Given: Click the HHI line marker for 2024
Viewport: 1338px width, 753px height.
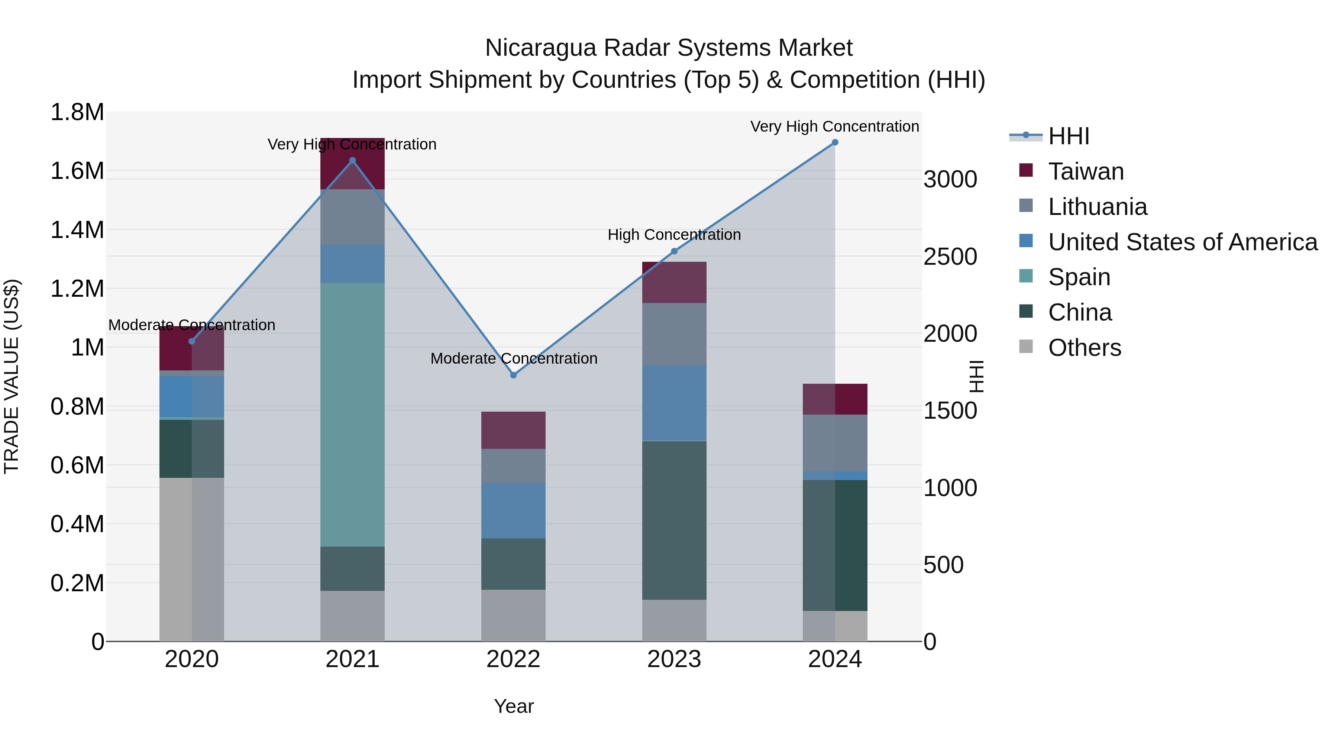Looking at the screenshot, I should pyautogui.click(x=835, y=142).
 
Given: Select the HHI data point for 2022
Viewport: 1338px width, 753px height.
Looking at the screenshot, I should pyautogui.click(x=513, y=375).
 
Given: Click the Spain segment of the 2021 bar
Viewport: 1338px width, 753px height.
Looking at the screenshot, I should pyautogui.click(x=352, y=414).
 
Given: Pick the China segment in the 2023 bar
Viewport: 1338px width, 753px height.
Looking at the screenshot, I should pyautogui.click(x=674, y=520).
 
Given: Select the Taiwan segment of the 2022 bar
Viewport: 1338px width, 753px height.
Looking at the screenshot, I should pyautogui.click(x=513, y=430).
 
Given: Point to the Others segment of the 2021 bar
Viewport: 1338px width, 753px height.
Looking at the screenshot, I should pyautogui.click(x=352, y=616).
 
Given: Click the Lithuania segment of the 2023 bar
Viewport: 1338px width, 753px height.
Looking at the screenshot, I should pyautogui.click(x=674, y=334).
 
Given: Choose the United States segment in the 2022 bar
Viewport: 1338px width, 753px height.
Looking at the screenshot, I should pyautogui.click(x=513, y=511).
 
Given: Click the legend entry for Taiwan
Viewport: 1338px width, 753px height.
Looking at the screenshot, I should pyautogui.click(x=1086, y=171).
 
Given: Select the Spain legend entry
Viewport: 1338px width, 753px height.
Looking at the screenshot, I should pyautogui.click(x=1079, y=277).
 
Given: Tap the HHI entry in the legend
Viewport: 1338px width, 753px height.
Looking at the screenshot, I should pyautogui.click(x=1069, y=136).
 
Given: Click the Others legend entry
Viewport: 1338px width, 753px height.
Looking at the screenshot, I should pyautogui.click(x=1084, y=348).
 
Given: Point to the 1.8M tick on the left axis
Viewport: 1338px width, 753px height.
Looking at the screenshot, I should pyautogui.click(x=77, y=112).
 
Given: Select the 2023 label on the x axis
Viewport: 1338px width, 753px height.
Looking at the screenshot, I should pyautogui.click(x=674, y=659).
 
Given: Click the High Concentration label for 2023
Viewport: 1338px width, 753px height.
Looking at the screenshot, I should pyautogui.click(x=674, y=235).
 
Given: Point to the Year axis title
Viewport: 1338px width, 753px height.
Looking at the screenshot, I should pyautogui.click(x=514, y=706).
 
